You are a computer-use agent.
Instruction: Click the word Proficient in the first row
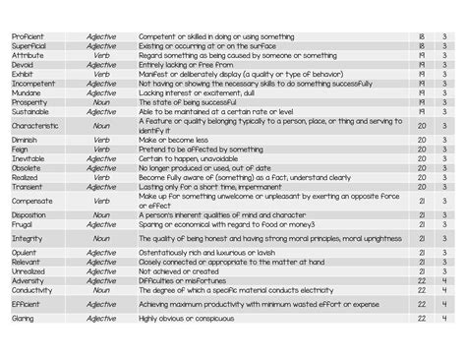(27, 36)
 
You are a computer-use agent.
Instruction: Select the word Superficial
(29, 46)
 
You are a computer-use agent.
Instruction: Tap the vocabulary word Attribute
(27, 56)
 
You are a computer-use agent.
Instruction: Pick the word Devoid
(23, 65)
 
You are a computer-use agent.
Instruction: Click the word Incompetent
(32, 84)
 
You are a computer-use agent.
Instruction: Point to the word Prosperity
(29, 102)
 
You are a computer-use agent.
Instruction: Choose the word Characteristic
(34, 126)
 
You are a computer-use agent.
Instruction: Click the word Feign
(21, 150)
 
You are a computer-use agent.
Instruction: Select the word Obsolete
(27, 168)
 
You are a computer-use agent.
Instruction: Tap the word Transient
(28, 186)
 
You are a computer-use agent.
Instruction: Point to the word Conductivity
(31, 289)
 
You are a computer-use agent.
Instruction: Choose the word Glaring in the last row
(23, 318)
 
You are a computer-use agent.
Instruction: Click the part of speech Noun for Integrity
(101, 238)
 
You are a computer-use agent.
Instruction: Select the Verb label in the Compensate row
(101, 201)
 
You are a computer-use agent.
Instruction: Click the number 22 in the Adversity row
(421, 280)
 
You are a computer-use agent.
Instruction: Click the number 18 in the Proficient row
(421, 36)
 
